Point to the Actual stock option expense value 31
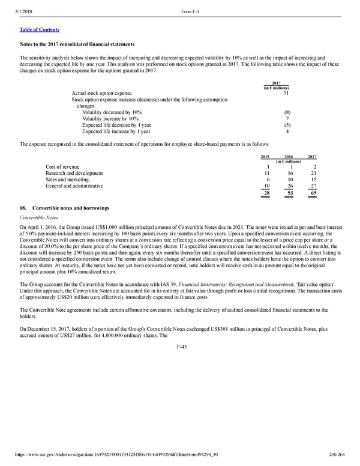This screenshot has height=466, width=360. (x=286, y=93)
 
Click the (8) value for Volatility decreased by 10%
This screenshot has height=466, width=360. (x=286, y=112)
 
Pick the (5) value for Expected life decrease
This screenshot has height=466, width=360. (x=286, y=126)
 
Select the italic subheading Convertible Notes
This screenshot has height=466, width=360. (x=40, y=217)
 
